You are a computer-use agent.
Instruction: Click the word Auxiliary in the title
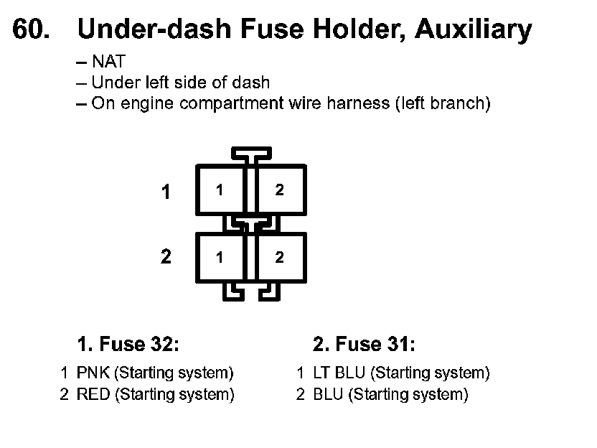pos(474,29)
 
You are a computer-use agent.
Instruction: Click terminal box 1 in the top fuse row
pos(220,190)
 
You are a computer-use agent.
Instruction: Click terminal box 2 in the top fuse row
pos(280,190)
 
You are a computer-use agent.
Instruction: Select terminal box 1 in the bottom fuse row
pos(220,257)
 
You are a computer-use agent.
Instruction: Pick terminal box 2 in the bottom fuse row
pos(280,257)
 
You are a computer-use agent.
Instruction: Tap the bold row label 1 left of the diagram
pos(166,192)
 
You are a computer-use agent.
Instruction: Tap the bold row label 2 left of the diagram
pos(166,257)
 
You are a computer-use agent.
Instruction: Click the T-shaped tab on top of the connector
pos(250,154)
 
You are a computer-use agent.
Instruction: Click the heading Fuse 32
pos(128,345)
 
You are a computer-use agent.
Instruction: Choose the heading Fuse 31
pos(364,345)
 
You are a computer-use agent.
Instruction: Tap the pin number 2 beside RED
pos(64,394)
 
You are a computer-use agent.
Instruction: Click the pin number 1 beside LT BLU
pos(301,373)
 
